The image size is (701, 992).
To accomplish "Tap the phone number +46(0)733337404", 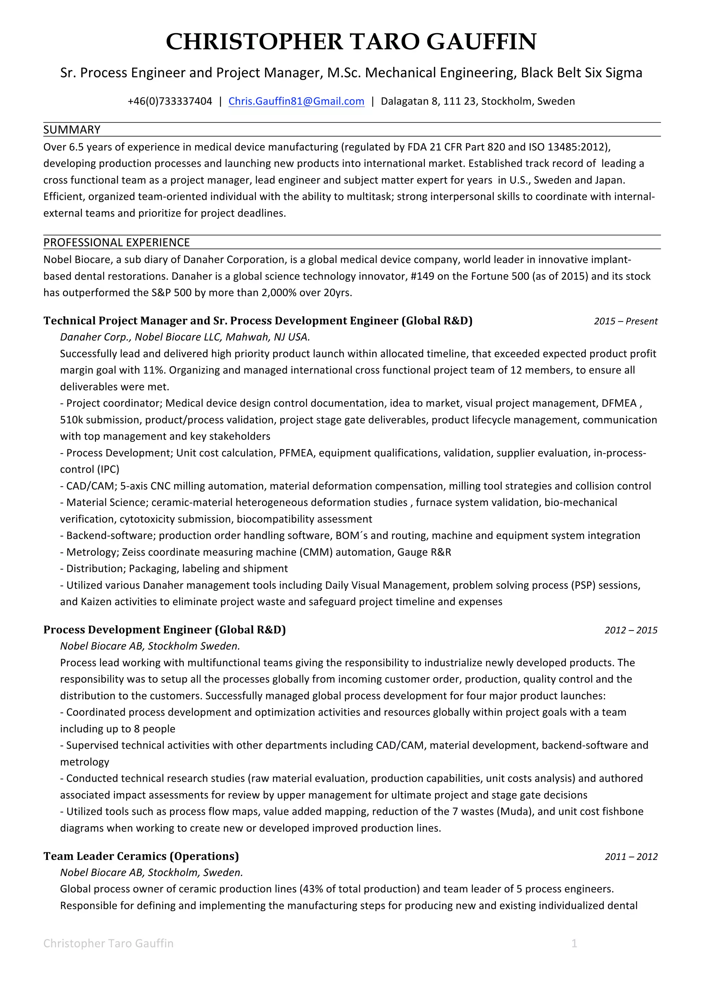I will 170,101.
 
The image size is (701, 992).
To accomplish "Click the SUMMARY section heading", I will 72,130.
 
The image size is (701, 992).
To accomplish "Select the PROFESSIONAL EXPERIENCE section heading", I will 117,242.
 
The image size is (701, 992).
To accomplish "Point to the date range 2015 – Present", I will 625,321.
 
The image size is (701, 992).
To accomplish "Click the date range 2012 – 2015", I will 630,630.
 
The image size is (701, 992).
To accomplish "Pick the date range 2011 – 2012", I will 630,856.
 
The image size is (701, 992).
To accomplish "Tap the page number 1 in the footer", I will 574,943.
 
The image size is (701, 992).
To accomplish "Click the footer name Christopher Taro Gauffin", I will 109,943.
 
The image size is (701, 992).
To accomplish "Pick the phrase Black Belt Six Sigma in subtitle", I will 581,73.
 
